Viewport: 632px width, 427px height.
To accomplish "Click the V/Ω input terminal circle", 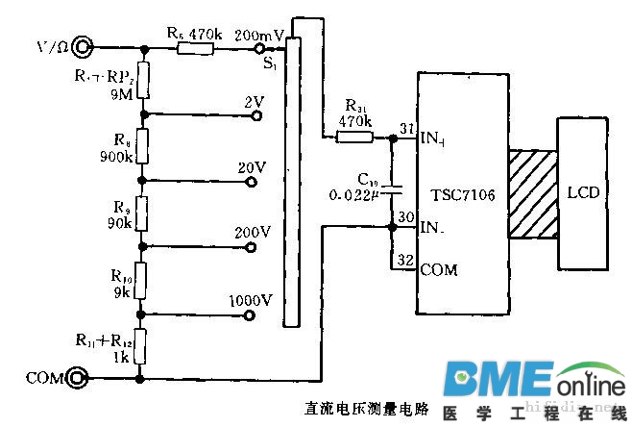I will pos(82,46).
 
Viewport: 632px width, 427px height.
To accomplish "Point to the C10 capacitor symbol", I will pos(392,187).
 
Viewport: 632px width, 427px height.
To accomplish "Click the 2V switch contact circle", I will pos(256,115).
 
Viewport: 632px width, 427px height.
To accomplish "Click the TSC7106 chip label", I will pos(464,195).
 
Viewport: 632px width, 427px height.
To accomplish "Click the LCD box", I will pos(583,192).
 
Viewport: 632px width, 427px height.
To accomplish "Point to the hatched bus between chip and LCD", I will pos(533,193).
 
